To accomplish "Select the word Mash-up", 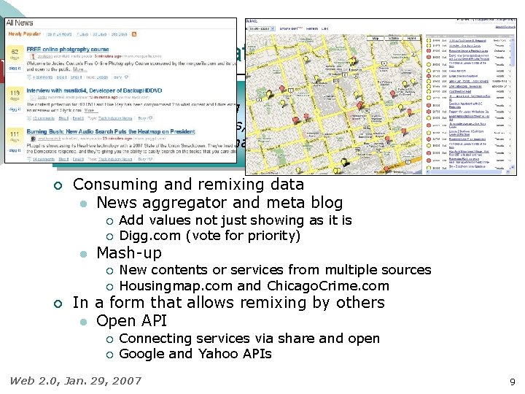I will pos(129,253).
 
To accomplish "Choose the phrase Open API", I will pos(131,320).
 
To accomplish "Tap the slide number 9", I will pos(513,381).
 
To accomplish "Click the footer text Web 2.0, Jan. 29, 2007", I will pos(75,380).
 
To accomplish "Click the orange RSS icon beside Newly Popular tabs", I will pos(133,34).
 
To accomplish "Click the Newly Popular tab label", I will pos(24,34).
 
